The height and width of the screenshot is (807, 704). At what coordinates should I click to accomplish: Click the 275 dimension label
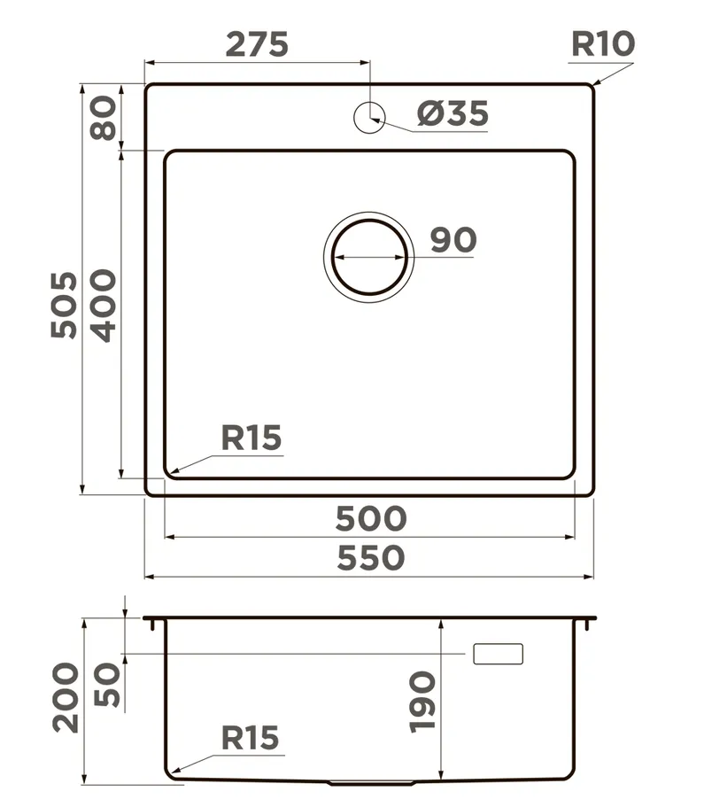(257, 44)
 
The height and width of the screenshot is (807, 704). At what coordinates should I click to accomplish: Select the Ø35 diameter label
(453, 113)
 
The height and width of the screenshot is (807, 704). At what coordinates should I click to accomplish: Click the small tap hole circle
(369, 118)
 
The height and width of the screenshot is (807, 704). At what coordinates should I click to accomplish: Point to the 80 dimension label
(104, 117)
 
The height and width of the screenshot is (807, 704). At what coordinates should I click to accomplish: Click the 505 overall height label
(65, 305)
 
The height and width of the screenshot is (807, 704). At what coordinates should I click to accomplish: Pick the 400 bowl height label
(104, 306)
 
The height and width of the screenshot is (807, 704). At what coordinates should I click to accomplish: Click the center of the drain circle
(369, 257)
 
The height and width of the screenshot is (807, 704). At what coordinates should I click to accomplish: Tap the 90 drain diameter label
(453, 240)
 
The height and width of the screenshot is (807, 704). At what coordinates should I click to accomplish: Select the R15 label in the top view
(251, 438)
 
